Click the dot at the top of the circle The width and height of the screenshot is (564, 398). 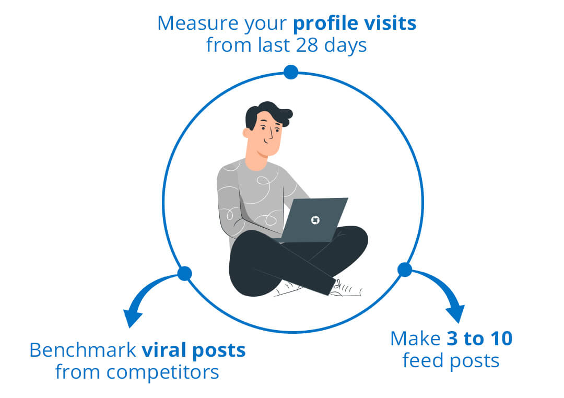click(291, 72)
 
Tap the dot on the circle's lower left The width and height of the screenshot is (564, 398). click(184, 274)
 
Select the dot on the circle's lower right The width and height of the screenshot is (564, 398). click(405, 270)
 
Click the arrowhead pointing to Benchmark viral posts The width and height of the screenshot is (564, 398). click(132, 318)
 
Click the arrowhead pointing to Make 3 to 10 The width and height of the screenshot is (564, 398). click(456, 313)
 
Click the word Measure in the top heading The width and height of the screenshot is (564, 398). click(198, 24)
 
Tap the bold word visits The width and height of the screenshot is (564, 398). click(390, 24)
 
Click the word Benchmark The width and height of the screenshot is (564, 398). click(83, 350)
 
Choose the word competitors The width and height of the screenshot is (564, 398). click(162, 373)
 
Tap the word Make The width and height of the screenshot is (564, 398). click(416, 338)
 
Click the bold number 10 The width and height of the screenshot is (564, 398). click(500, 338)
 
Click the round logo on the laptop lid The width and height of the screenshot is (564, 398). click(315, 220)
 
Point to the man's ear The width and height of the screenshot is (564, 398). click(246, 133)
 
